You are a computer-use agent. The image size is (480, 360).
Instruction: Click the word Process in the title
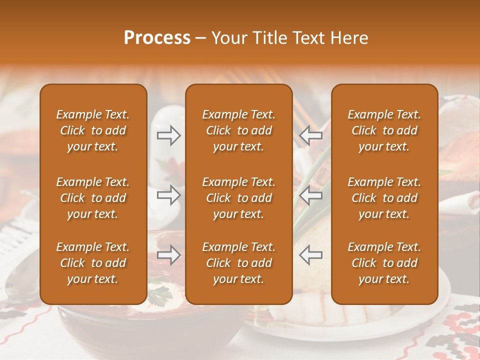click(x=157, y=38)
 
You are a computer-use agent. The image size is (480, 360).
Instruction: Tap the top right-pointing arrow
click(x=168, y=135)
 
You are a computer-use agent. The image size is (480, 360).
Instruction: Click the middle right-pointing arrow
click(x=168, y=195)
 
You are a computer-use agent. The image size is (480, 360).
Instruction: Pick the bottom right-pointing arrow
click(x=168, y=255)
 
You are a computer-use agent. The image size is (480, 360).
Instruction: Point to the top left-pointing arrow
click(x=310, y=135)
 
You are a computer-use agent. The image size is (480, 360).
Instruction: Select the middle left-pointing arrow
click(x=310, y=195)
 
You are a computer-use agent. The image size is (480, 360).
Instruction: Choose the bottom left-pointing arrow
click(x=310, y=255)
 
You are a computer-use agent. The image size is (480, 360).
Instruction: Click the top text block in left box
click(x=93, y=130)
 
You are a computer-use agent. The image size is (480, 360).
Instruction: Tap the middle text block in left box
click(x=93, y=198)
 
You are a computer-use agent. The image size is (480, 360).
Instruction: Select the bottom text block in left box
click(x=93, y=263)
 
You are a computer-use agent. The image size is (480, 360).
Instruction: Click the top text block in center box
click(x=238, y=130)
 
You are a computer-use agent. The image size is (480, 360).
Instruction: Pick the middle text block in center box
click(x=238, y=198)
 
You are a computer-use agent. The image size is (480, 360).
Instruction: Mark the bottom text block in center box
click(x=238, y=263)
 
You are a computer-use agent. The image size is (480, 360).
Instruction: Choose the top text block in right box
click(x=384, y=130)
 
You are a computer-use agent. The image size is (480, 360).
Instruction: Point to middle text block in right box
click(x=384, y=198)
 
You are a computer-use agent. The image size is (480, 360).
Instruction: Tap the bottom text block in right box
click(x=384, y=263)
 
